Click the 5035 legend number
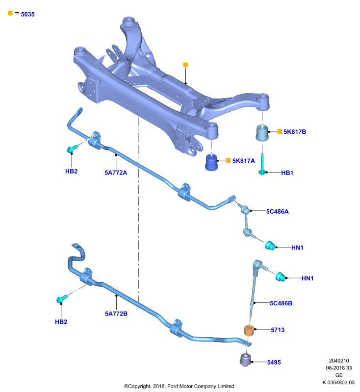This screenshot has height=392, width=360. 28,14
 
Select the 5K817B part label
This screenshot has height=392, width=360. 295,132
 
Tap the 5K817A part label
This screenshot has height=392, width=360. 244,161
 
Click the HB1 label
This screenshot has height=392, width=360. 287,173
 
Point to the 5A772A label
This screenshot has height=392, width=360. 116,173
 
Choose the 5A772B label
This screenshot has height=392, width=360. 116,314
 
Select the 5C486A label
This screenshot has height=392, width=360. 277,212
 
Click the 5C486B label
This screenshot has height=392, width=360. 281,303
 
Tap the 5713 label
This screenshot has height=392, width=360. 278,330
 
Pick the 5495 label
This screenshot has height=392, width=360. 274,362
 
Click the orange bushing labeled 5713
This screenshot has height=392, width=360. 249,330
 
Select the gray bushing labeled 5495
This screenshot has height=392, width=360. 245,360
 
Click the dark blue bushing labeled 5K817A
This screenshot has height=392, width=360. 211,163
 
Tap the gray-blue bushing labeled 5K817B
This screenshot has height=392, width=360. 262,133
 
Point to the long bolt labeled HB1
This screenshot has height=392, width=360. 262,165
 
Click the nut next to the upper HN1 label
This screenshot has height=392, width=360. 270,246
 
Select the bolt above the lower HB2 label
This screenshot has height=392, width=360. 62,299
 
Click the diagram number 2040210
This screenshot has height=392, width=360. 339,361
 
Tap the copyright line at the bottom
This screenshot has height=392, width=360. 179,386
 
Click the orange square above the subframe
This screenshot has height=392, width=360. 185,65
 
